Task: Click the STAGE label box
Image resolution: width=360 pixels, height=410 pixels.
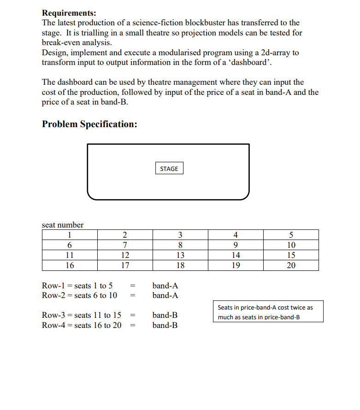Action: (x=169, y=169)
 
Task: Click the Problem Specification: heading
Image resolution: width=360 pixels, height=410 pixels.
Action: (x=89, y=124)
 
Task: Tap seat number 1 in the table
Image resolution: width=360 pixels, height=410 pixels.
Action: (x=69, y=235)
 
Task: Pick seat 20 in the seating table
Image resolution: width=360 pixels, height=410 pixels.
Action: (x=291, y=265)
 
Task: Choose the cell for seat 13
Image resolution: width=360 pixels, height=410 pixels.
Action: (x=180, y=255)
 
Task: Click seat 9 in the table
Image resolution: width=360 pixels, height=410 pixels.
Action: (x=236, y=245)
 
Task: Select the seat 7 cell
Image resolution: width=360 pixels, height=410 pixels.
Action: (x=124, y=245)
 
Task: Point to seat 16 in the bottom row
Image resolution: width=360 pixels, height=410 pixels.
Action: (x=69, y=265)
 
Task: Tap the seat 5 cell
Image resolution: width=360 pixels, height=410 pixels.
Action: (x=291, y=235)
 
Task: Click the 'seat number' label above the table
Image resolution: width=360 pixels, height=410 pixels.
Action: (x=63, y=225)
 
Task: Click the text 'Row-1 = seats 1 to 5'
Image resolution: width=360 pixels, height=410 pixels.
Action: (x=77, y=286)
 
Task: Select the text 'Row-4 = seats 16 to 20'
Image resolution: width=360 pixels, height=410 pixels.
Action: (x=82, y=325)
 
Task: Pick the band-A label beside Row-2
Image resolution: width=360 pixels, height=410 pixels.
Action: (x=165, y=295)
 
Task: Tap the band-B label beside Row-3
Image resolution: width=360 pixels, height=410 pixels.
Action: (x=165, y=316)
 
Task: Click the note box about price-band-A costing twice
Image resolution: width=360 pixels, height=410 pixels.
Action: (x=268, y=312)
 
